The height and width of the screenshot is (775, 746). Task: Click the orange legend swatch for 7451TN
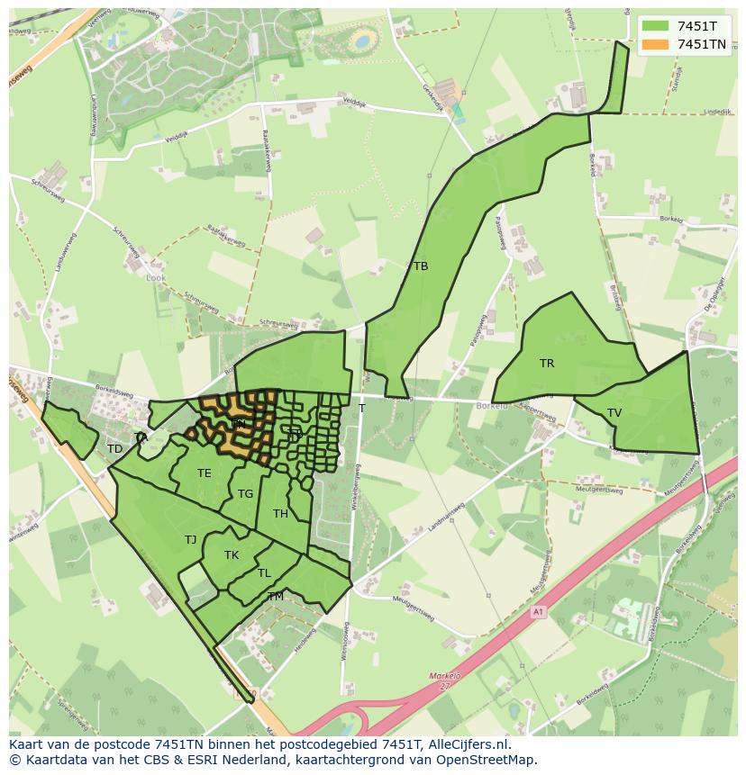[656, 44]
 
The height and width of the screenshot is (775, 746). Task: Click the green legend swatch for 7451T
[656, 26]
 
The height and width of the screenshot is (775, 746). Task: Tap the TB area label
[421, 266]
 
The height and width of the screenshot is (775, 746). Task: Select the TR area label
[547, 364]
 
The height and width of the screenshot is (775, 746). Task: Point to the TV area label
[614, 413]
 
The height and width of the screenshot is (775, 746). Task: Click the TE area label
[205, 473]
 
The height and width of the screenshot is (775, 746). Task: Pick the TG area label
[245, 494]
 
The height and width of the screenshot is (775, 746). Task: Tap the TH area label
[280, 514]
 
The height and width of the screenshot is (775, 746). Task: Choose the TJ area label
[190, 540]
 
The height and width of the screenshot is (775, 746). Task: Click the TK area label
[232, 555]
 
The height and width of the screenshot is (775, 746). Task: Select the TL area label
[264, 573]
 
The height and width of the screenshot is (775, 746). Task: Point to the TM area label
[276, 597]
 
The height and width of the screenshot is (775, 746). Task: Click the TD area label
[114, 449]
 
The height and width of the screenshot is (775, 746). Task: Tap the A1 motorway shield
[538, 612]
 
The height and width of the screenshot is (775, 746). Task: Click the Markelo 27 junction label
[444, 680]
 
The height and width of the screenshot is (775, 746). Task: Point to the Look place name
[155, 278]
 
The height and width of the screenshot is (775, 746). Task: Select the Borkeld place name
[492, 406]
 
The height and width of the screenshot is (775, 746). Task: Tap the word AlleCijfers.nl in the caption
[468, 745]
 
